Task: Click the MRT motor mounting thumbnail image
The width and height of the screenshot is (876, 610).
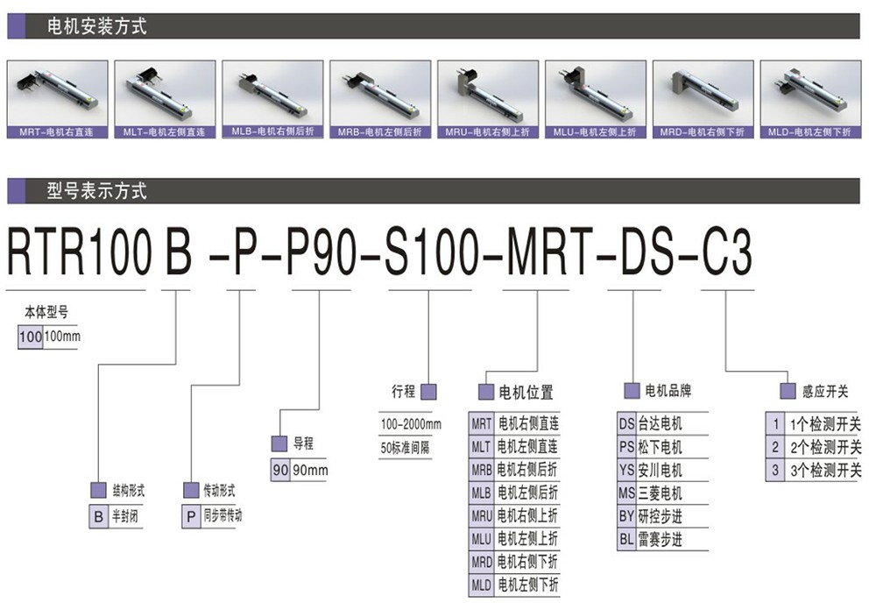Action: click(58, 94)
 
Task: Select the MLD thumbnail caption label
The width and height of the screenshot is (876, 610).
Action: click(809, 132)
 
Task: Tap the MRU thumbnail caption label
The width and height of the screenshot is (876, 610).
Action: click(487, 132)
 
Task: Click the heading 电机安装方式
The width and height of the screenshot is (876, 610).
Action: click(96, 26)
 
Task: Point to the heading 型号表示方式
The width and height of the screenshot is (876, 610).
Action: click(96, 191)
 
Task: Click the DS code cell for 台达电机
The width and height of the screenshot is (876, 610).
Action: click(626, 424)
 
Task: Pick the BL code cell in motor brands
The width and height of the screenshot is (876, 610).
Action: click(626, 540)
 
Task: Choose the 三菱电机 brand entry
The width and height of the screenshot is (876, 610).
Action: click(660, 493)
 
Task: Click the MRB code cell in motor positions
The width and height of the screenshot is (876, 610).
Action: click(482, 470)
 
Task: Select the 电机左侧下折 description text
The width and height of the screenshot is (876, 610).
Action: click(528, 585)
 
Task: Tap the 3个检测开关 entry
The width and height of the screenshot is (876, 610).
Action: click(826, 471)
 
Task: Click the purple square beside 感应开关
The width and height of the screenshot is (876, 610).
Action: click(788, 391)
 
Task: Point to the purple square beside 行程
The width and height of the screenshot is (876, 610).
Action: click(428, 392)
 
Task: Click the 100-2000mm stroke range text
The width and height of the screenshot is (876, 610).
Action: click(411, 424)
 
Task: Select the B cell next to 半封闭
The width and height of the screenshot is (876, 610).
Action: click(98, 516)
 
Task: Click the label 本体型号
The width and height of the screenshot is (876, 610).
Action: click(46, 312)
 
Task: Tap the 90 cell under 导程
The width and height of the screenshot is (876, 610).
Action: click(280, 471)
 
